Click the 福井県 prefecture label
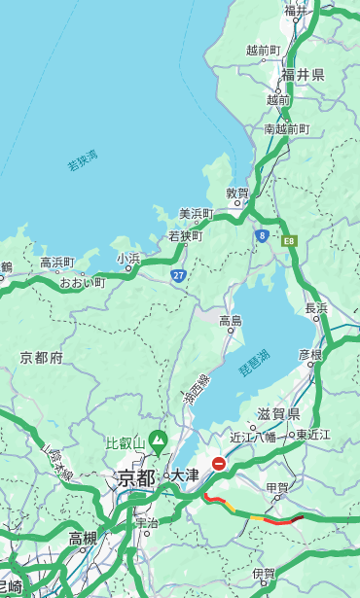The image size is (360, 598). (303, 75)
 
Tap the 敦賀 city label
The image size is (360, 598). (238, 193)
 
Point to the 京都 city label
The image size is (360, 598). (135, 477)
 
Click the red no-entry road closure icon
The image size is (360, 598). (220, 464)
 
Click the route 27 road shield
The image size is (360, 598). (178, 276)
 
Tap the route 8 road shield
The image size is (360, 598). (262, 235)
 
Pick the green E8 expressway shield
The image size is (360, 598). (288, 239)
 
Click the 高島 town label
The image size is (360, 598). (231, 321)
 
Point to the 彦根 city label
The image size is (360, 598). (310, 355)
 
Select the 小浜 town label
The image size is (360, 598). (128, 259)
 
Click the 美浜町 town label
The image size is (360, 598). (196, 214)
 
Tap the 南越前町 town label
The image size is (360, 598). (286, 129)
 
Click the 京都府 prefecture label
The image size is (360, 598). (41, 358)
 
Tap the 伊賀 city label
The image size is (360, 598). (264, 575)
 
